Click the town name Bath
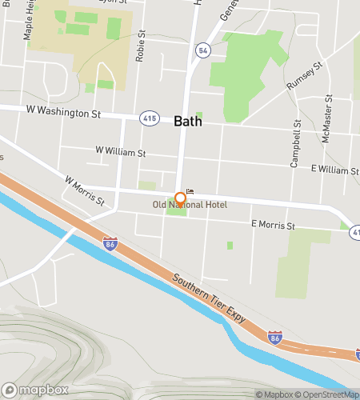point(187,122)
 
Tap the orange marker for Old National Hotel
point(181,198)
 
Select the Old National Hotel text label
point(190,206)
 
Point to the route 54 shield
point(204,50)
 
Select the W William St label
point(120,150)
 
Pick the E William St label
point(334,170)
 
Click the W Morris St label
point(85,192)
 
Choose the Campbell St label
point(296,144)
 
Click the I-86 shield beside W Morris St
point(110,242)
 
